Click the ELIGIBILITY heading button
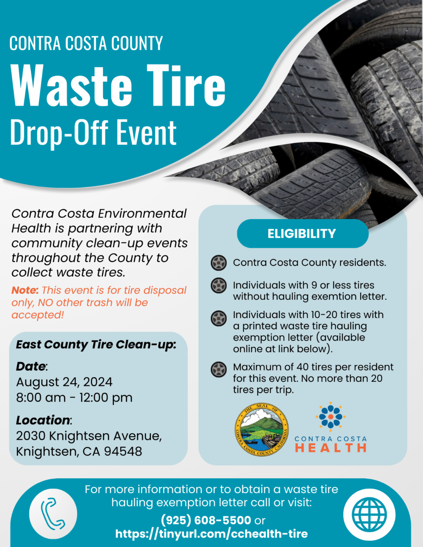(x=302, y=234)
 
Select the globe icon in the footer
(x=369, y=514)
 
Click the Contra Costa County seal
(x=262, y=430)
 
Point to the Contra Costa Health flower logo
(x=330, y=416)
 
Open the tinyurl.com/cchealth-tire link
(x=211, y=534)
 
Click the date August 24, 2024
(x=64, y=382)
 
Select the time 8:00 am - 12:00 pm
(x=74, y=398)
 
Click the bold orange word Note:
(x=25, y=290)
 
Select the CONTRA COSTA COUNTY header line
(x=86, y=43)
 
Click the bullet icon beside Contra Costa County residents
(x=219, y=263)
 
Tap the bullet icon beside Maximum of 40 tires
(x=219, y=369)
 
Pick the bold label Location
(x=43, y=420)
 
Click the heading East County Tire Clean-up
(x=96, y=344)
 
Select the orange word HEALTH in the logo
(x=331, y=448)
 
